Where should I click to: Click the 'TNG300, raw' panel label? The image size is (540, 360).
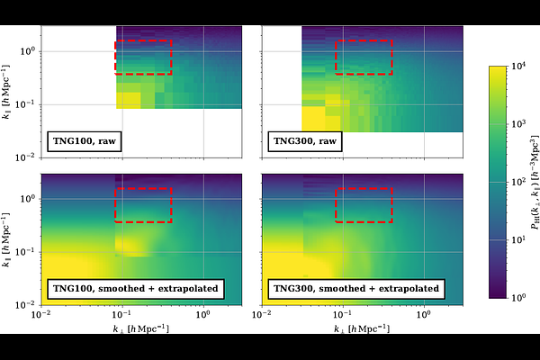pos(305,140)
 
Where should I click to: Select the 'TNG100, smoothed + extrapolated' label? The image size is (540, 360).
pos(132,289)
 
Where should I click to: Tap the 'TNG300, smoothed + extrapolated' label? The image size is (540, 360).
pos(354,289)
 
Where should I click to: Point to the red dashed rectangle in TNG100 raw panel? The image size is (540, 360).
pos(143,57)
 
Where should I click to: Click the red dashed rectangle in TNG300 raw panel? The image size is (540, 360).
pos(364,57)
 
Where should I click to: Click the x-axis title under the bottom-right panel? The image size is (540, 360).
pos(364,329)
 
